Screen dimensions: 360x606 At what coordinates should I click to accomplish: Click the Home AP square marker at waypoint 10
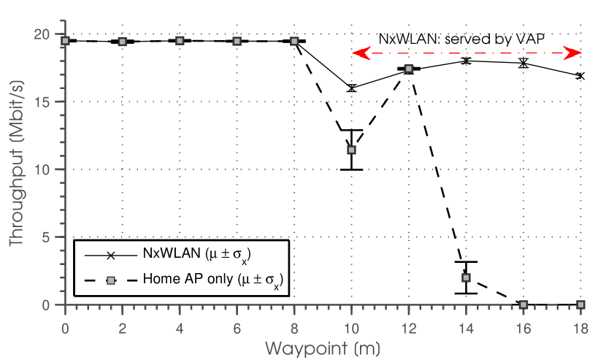pyautogui.click(x=351, y=150)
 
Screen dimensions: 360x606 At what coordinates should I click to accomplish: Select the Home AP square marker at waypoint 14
pyautogui.click(x=466, y=277)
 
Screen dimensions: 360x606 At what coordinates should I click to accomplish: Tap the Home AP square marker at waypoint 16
pyautogui.click(x=523, y=305)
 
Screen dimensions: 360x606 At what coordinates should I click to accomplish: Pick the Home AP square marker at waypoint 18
pyautogui.click(x=580, y=305)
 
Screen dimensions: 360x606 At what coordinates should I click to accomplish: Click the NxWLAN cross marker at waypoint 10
pyautogui.click(x=351, y=88)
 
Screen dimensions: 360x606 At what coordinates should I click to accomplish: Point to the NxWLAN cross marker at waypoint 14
pyautogui.click(x=466, y=61)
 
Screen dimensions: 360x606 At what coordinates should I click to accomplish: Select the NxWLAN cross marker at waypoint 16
pyautogui.click(x=523, y=64)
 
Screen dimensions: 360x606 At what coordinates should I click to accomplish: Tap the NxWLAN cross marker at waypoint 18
pyautogui.click(x=580, y=75)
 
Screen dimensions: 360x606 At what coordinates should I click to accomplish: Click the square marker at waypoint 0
pyautogui.click(x=65, y=41)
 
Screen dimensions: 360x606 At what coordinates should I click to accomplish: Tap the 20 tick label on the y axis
pyautogui.click(x=43, y=34)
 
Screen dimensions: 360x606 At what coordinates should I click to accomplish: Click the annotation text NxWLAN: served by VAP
pyautogui.click(x=461, y=37)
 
